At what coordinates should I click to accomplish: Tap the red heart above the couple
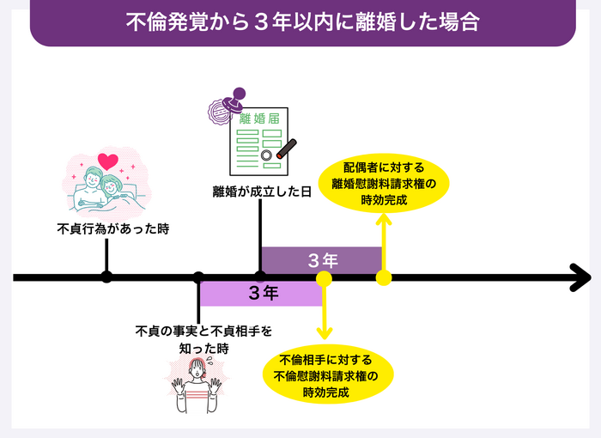point(108,161)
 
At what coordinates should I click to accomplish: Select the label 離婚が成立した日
point(258,192)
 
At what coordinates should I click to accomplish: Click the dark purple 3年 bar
point(321,260)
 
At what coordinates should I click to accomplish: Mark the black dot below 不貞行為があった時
point(106,277)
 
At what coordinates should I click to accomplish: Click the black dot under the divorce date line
point(260,277)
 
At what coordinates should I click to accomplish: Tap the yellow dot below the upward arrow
point(384,277)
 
